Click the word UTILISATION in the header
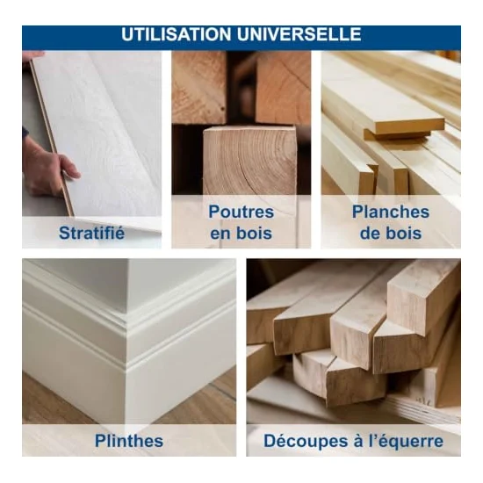coord(177,34)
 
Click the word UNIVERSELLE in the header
coord(299,34)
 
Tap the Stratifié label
coord(92,233)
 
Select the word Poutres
coord(241,212)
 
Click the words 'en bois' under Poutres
coord(241,234)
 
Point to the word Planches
coord(391,212)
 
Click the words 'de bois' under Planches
coord(391,234)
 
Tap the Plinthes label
coord(129,441)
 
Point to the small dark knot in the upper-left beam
coord(222,108)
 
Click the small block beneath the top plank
coord(397,134)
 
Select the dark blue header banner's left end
coord(23,38)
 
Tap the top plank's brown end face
coord(410,126)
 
